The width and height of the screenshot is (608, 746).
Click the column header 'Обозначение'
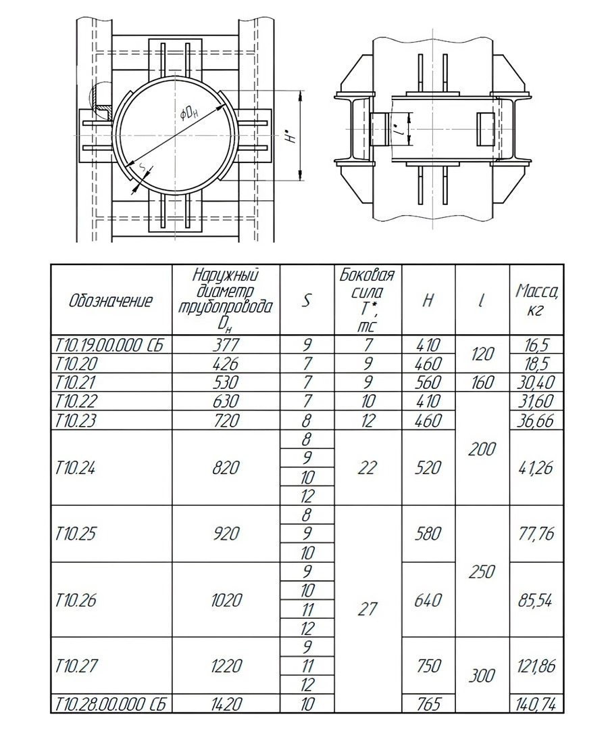pyautogui.click(x=111, y=301)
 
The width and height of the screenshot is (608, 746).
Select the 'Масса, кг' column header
pyautogui.click(x=536, y=301)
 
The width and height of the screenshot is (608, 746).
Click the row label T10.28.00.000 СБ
pyautogui.click(x=111, y=704)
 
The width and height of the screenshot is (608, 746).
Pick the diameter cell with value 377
pyautogui.click(x=226, y=344)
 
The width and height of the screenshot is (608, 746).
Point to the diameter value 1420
pyautogui.click(x=226, y=704)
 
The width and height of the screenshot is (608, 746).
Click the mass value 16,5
pyautogui.click(x=536, y=344)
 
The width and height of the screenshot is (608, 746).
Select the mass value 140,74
pyautogui.click(x=536, y=704)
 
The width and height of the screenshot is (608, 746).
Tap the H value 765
pyautogui.click(x=428, y=704)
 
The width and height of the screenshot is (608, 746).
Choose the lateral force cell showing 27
pyautogui.click(x=367, y=609)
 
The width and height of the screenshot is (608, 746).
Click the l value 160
pyautogui.click(x=482, y=382)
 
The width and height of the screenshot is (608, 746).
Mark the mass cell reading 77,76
pyautogui.click(x=536, y=534)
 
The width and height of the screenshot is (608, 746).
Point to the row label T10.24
pyautogui.click(x=76, y=467)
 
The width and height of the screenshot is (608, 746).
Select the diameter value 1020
pyautogui.click(x=226, y=600)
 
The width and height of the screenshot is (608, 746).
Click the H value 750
pyautogui.click(x=428, y=666)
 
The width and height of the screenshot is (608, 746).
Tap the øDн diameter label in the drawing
pyautogui.click(x=191, y=112)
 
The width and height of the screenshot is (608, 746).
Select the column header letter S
pyautogui.click(x=307, y=301)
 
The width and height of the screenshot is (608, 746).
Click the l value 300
pyautogui.click(x=482, y=675)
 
